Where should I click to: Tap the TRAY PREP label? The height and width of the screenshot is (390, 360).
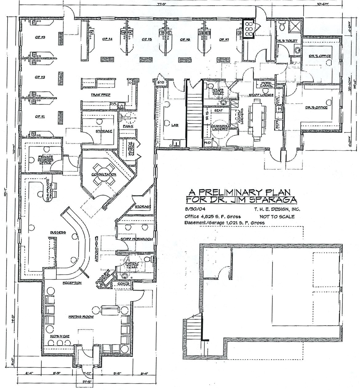(x=100, y=95)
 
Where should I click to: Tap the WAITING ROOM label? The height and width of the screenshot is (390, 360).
(x=81, y=316)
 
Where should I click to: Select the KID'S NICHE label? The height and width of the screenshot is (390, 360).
(x=60, y=336)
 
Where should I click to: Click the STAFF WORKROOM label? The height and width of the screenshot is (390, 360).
(x=136, y=239)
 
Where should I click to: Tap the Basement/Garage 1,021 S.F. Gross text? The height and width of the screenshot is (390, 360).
(x=224, y=223)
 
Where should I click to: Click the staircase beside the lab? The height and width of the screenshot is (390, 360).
(x=194, y=116)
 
